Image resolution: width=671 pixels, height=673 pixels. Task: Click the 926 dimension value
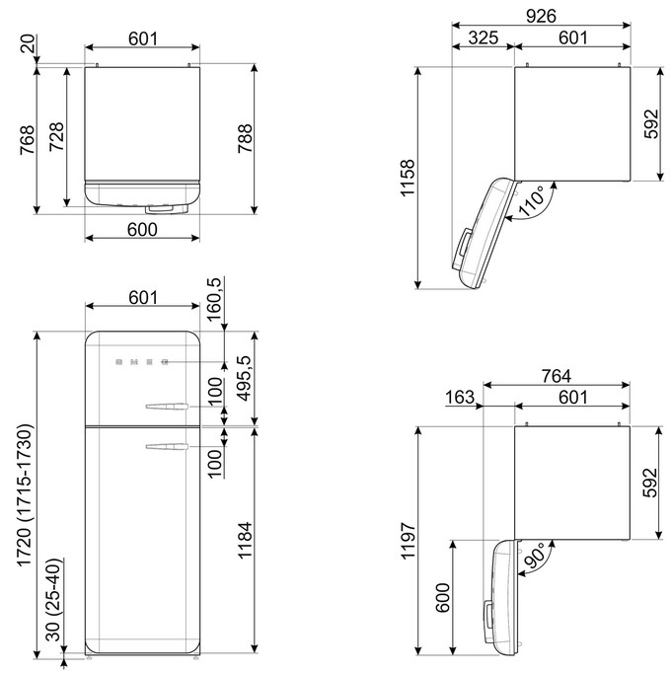point(541,16)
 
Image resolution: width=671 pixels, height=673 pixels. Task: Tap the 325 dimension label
point(483,37)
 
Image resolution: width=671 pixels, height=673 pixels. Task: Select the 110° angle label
point(531,202)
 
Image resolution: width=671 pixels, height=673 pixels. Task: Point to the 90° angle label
point(535,556)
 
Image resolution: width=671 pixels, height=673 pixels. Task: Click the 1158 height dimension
point(408,179)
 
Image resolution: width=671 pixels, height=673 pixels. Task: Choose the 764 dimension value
point(556,376)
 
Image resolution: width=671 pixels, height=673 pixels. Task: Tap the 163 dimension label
point(460,397)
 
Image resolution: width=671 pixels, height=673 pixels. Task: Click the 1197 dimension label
point(408,541)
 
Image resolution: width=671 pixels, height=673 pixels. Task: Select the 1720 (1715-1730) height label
point(25,495)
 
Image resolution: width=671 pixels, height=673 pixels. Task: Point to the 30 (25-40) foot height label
point(54,600)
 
